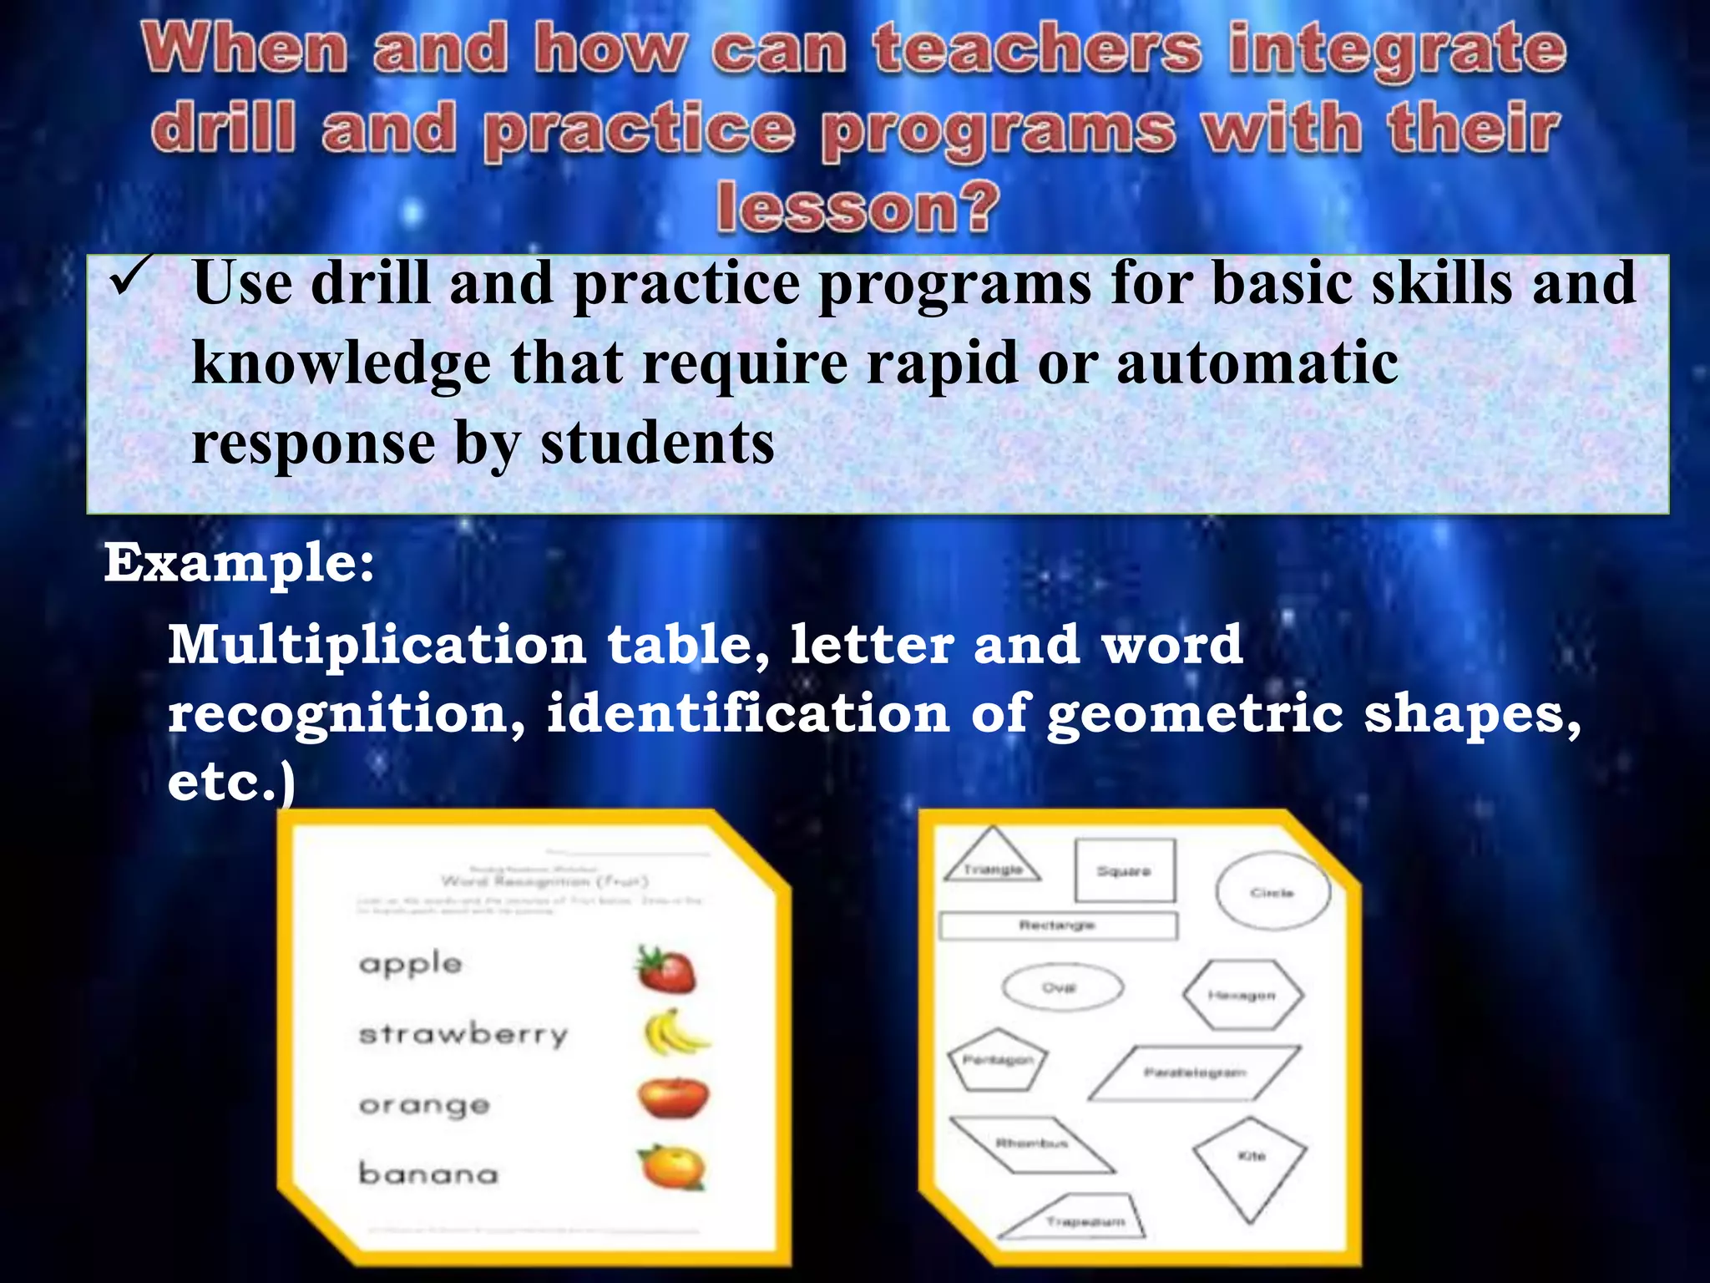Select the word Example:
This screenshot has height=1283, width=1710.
click(239, 564)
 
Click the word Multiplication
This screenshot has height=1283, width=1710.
click(377, 646)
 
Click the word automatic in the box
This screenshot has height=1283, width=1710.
click(1257, 363)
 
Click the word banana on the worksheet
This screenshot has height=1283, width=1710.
click(428, 1174)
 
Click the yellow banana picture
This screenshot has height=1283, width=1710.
click(674, 1033)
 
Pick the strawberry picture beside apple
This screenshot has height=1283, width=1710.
click(665, 970)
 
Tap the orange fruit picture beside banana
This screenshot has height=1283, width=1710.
click(671, 1167)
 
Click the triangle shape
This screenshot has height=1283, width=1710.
click(992, 860)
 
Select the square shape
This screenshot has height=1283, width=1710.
click(1124, 871)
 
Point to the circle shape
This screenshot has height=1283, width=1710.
click(1272, 892)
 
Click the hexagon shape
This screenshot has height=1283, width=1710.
click(1242, 995)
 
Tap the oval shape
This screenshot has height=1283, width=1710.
click(1061, 988)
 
